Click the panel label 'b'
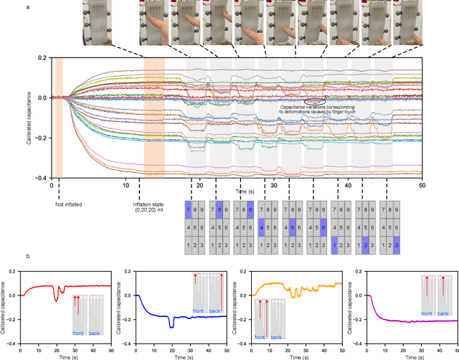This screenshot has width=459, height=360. coord(47,256)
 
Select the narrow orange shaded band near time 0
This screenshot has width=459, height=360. coord(60,117)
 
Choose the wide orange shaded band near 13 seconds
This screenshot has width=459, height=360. coord(154,117)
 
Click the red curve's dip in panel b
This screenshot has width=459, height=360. coord(55,299)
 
